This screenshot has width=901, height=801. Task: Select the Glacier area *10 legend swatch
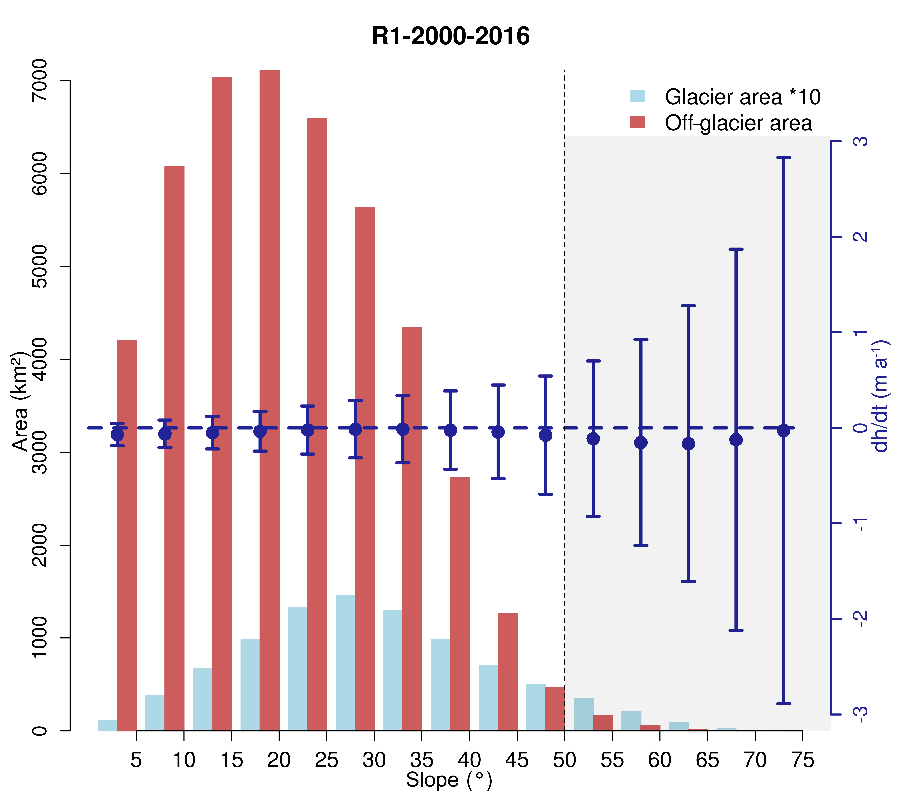click(x=637, y=96)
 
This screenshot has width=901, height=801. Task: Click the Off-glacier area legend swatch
click(x=637, y=122)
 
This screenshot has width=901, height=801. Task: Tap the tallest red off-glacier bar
click(x=269, y=353)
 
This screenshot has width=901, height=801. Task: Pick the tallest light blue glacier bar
click(x=345, y=661)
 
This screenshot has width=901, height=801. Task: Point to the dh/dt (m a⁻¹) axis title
click(x=880, y=397)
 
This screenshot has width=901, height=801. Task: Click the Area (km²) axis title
click(x=20, y=401)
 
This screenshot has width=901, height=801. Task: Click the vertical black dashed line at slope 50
click(x=565, y=309)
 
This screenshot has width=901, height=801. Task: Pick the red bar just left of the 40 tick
click(x=460, y=604)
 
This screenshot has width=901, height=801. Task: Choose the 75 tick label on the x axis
click(x=802, y=760)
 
